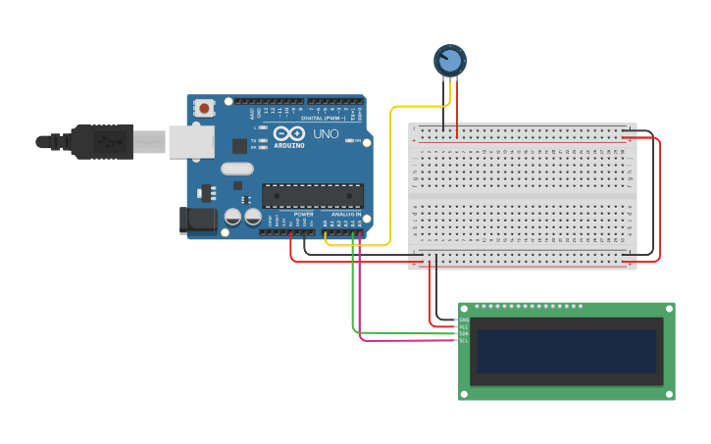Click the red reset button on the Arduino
tap(204, 108)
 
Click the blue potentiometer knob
tap(449, 61)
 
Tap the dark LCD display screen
tap(566, 351)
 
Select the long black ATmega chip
tap(312, 196)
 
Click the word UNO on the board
tap(326, 133)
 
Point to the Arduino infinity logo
tap(289, 134)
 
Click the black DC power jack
tap(196, 221)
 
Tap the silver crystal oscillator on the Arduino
tap(237, 169)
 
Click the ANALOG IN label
tap(345, 214)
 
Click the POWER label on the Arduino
tap(303, 214)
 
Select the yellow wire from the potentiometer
tap(391, 176)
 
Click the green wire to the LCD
tap(353, 294)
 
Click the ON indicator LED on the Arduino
tap(354, 141)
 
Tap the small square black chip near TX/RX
tap(239, 146)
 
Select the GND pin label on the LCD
tap(464, 320)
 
